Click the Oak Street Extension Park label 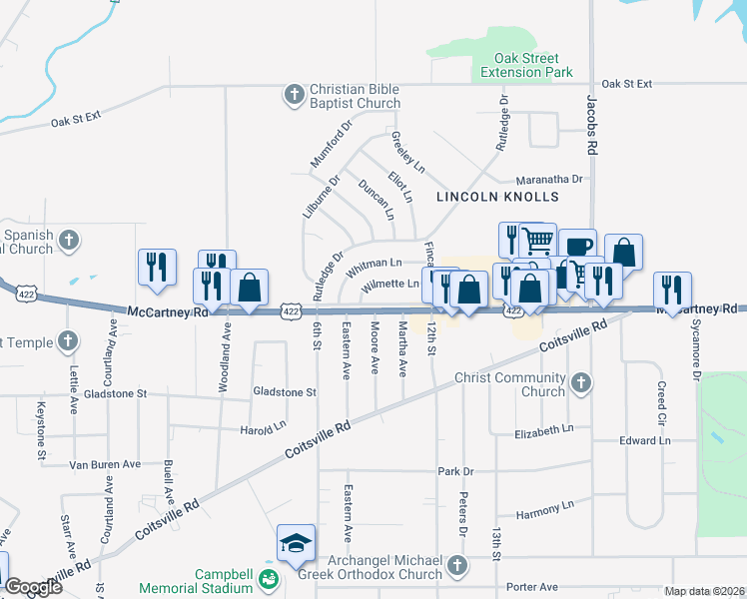526,66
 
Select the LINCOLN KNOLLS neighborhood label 487,197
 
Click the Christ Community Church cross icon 579,382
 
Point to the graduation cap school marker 297,543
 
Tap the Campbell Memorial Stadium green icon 268,579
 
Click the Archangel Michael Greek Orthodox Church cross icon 456,566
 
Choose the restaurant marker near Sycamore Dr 672,290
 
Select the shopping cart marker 538,240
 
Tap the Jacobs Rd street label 592,125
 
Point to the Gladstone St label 285,392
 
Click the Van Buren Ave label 104,464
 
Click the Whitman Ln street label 373,265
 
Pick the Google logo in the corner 33,587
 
